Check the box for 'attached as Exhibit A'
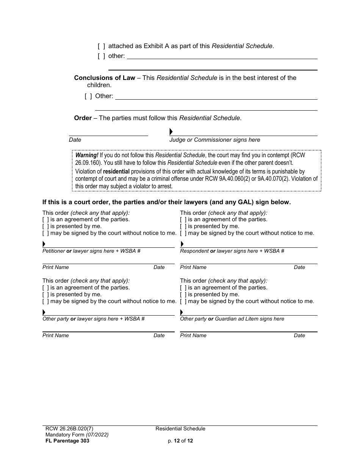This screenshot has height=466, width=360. pos(101,46)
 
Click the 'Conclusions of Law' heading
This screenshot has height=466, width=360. pos(105,78)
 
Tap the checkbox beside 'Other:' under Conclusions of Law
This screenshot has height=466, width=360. pos(88,96)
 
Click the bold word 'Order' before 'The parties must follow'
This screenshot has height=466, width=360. pos(83,118)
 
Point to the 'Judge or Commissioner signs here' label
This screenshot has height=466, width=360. pos(214,140)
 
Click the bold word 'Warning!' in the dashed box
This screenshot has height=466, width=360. pos(87,155)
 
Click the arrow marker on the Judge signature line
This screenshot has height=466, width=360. pos(171,132)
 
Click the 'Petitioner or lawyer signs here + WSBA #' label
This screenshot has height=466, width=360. pos(91,251)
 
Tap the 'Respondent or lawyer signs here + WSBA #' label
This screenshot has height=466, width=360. pos(232,251)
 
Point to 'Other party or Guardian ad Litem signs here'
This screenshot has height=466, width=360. pos(232,319)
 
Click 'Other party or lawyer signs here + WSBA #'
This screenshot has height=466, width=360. pos(93,319)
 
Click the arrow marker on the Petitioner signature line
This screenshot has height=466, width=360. pos(44,244)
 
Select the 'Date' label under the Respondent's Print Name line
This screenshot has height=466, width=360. pos(299,267)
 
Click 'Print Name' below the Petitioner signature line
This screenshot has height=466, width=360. pos(56,267)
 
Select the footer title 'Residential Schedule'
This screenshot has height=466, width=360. pos(180,429)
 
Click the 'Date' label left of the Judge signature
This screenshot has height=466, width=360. pos(75,140)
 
